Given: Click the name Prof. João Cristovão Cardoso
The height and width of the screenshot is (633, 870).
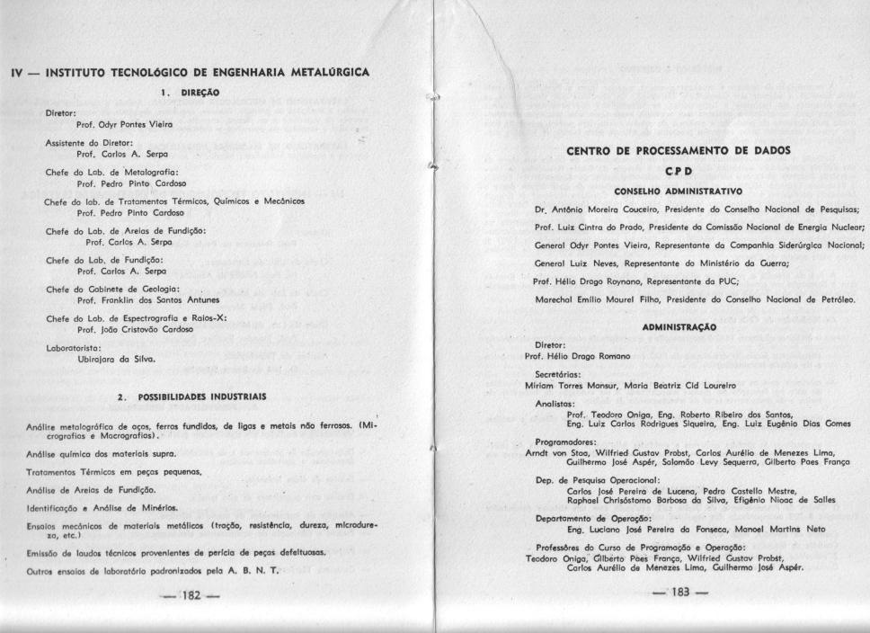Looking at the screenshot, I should pyautogui.click(x=137, y=329).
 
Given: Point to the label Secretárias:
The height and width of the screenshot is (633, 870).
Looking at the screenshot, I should pyautogui.click(x=561, y=373).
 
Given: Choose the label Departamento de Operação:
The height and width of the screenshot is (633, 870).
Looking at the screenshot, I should pyautogui.click(x=589, y=520).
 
